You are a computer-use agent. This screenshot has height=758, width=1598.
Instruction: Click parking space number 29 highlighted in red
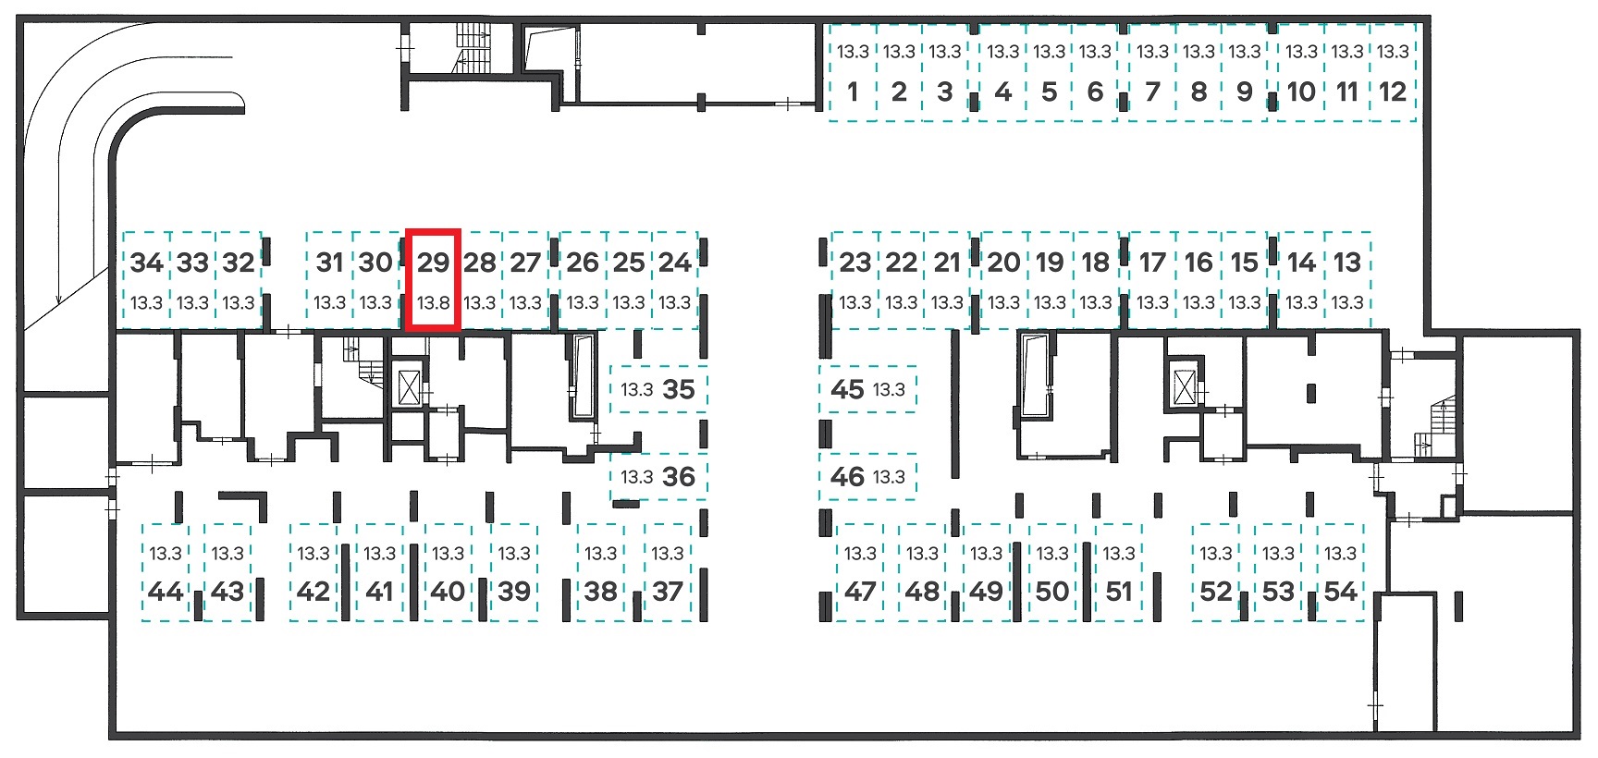[433, 280]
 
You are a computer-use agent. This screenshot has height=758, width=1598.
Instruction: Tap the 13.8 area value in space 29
[433, 302]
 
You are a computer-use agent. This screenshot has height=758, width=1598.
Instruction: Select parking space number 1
[853, 73]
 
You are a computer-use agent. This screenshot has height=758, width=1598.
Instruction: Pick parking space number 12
[1393, 73]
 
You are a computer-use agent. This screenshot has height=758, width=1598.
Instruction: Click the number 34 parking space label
[146, 263]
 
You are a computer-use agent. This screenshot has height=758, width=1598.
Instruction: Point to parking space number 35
[658, 389]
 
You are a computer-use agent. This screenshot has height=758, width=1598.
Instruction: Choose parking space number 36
[658, 477]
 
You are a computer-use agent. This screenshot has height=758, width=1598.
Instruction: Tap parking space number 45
[867, 389]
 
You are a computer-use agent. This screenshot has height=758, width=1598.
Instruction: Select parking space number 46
[867, 477]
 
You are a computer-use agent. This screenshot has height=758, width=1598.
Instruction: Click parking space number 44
[166, 572]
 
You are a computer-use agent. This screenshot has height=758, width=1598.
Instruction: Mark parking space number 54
[1340, 572]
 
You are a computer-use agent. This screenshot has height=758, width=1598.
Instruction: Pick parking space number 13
[1347, 280]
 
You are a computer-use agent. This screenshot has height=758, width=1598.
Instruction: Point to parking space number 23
[855, 280]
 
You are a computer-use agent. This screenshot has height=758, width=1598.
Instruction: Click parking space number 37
[668, 572]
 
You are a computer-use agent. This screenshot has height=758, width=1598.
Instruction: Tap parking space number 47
[860, 572]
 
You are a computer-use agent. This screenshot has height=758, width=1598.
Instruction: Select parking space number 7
[1152, 73]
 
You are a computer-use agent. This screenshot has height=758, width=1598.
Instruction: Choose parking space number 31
[329, 280]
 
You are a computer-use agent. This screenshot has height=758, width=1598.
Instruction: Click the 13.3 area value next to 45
[889, 390]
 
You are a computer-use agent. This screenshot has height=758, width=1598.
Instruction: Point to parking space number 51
[1119, 572]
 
